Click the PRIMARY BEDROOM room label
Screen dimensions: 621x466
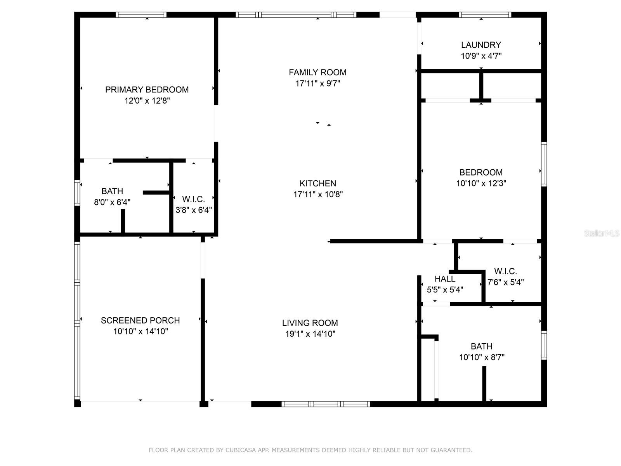[x=147, y=90]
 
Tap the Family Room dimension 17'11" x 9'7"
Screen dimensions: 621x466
[x=317, y=83]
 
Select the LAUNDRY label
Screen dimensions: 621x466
[x=481, y=45]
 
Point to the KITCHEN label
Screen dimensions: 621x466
[x=318, y=183]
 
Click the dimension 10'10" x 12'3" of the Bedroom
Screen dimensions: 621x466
[x=481, y=183]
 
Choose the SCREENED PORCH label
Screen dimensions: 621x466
[x=141, y=320]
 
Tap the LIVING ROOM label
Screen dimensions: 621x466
[x=310, y=323]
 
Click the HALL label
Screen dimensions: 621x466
[x=445, y=279]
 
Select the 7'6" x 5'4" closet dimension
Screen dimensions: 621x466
[x=505, y=282]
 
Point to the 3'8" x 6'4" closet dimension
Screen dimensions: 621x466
[x=194, y=210]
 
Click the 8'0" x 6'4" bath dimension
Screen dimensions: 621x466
[x=112, y=202]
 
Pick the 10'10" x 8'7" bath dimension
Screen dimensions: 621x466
[x=482, y=357]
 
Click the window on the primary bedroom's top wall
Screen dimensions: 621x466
[x=141, y=15]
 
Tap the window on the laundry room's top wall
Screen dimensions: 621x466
[x=485, y=15]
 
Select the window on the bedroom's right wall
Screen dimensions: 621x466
[x=544, y=164]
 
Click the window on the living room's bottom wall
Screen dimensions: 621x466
[x=326, y=404]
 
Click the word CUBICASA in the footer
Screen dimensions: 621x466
[x=241, y=450]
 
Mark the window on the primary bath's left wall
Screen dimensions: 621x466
[x=77, y=193]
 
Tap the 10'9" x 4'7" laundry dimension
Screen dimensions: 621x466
[x=481, y=56]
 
